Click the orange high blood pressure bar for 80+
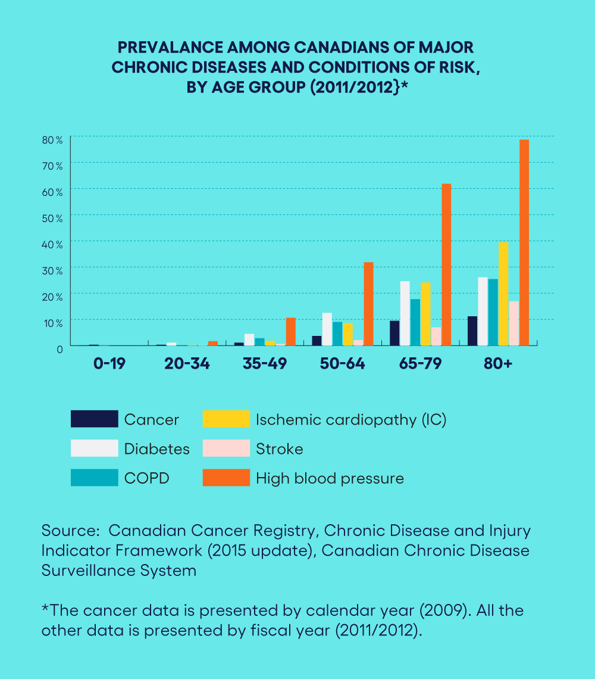click(524, 242)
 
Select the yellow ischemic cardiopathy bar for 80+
click(503, 294)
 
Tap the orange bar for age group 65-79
click(446, 264)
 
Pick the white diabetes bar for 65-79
click(405, 313)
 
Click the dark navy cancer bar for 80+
click(472, 331)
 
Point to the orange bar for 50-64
click(368, 304)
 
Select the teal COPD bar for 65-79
click(415, 322)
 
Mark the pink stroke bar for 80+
click(513, 323)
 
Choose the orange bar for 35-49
click(290, 332)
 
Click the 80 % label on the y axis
click(52, 140)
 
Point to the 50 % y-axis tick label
click(52, 218)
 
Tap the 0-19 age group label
click(109, 363)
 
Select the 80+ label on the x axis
click(498, 363)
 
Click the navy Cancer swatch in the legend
click(95, 419)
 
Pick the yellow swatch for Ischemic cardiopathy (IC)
click(226, 419)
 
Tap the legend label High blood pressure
click(330, 478)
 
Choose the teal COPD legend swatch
click(95, 478)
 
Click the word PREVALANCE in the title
click(171, 47)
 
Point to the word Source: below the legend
click(71, 531)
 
